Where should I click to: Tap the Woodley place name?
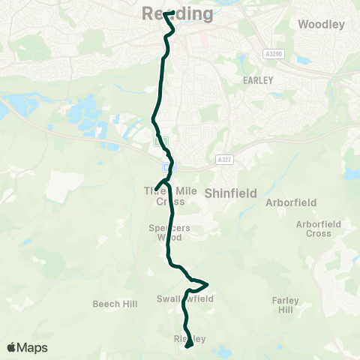(x=321, y=24)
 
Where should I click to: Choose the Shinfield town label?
(x=230, y=193)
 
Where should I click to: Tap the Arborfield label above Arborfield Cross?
(x=291, y=202)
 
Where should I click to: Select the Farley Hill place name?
(x=285, y=305)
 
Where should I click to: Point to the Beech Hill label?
(x=112, y=304)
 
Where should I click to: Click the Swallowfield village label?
(x=185, y=298)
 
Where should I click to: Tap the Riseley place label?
(x=184, y=339)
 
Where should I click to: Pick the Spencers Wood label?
(x=166, y=232)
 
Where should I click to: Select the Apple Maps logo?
(x=27, y=347)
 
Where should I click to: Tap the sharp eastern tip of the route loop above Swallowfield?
(x=206, y=283)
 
